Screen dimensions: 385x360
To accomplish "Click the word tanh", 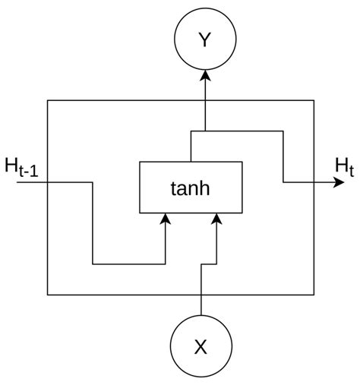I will click(x=191, y=187).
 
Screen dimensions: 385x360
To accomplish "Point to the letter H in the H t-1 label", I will click(x=13, y=163).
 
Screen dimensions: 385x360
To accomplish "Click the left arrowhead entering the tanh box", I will click(x=166, y=219).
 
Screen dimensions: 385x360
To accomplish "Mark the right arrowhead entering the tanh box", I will click(x=217, y=219).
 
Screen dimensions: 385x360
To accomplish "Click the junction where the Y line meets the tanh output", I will click(x=204, y=131).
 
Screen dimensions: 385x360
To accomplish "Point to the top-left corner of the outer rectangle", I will click(x=48, y=100).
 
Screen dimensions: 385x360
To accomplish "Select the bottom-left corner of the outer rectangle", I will click(x=48, y=295).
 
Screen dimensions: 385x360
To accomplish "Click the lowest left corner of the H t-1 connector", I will click(x=93, y=264).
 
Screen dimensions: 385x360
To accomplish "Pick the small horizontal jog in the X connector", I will click(x=209, y=264).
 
